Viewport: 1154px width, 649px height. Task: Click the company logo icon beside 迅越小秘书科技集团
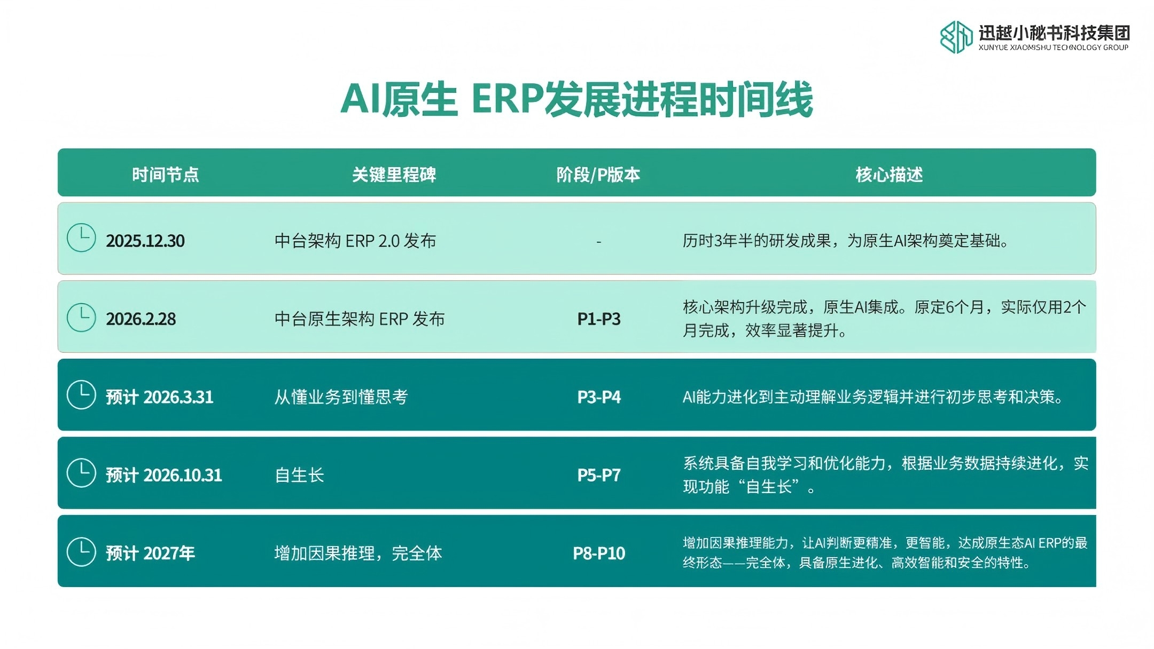pyautogui.click(x=956, y=37)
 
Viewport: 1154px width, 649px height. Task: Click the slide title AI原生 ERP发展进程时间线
pyautogui.click(x=576, y=99)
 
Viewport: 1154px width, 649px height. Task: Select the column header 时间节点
pyautogui.click(x=165, y=175)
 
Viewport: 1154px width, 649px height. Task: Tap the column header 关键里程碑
pyautogui.click(x=394, y=175)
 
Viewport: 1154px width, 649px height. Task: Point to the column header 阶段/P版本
pyautogui.click(x=598, y=175)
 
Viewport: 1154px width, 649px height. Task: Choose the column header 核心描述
pyautogui.click(x=889, y=175)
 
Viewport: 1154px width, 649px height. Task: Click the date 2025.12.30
pyautogui.click(x=145, y=241)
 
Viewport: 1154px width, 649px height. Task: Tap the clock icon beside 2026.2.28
pyautogui.click(x=81, y=318)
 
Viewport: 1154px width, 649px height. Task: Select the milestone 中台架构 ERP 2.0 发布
pyautogui.click(x=355, y=241)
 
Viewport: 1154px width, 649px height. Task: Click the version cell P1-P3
pyautogui.click(x=599, y=319)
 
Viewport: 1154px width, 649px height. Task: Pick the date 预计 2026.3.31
pyautogui.click(x=159, y=397)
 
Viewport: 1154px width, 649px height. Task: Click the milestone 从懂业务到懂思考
pyautogui.click(x=341, y=397)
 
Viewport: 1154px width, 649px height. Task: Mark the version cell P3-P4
pyautogui.click(x=599, y=397)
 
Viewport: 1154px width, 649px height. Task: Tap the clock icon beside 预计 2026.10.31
pyautogui.click(x=81, y=473)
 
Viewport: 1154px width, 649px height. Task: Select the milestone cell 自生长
pyautogui.click(x=299, y=475)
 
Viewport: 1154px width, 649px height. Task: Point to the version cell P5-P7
pyautogui.click(x=599, y=475)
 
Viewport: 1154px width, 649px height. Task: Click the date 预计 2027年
pyautogui.click(x=150, y=553)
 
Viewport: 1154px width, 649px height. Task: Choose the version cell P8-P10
pyautogui.click(x=599, y=553)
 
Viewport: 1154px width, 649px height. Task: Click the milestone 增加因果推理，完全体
pyautogui.click(x=358, y=553)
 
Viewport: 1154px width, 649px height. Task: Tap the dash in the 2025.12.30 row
pyautogui.click(x=599, y=242)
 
